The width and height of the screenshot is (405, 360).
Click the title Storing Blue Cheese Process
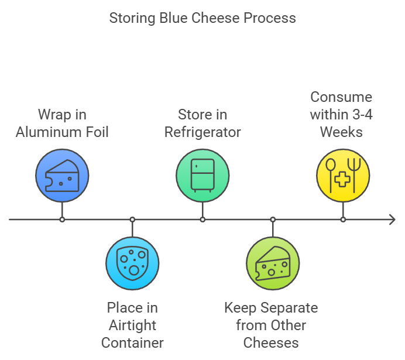(203, 18)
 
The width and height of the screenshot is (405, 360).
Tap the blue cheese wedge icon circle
(62, 176)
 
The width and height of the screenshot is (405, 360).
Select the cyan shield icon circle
(132, 263)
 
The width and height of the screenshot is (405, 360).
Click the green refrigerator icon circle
(203, 176)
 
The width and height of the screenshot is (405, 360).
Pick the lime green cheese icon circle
(273, 263)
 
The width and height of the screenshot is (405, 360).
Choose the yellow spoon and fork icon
(343, 176)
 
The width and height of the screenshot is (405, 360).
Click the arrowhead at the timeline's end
(392, 220)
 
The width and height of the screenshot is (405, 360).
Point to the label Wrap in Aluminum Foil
(62, 123)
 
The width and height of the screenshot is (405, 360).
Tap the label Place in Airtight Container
(132, 325)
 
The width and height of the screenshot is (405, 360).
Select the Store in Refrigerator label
(203, 123)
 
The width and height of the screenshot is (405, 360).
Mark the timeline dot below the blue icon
(62, 220)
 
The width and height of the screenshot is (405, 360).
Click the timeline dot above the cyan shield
(132, 220)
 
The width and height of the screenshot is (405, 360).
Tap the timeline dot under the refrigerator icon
(203, 220)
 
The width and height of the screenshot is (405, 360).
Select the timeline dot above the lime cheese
(273, 220)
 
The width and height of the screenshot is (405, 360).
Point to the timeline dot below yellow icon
(343, 220)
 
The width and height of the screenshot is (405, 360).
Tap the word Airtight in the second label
(132, 325)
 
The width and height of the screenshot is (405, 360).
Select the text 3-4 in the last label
(361, 114)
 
